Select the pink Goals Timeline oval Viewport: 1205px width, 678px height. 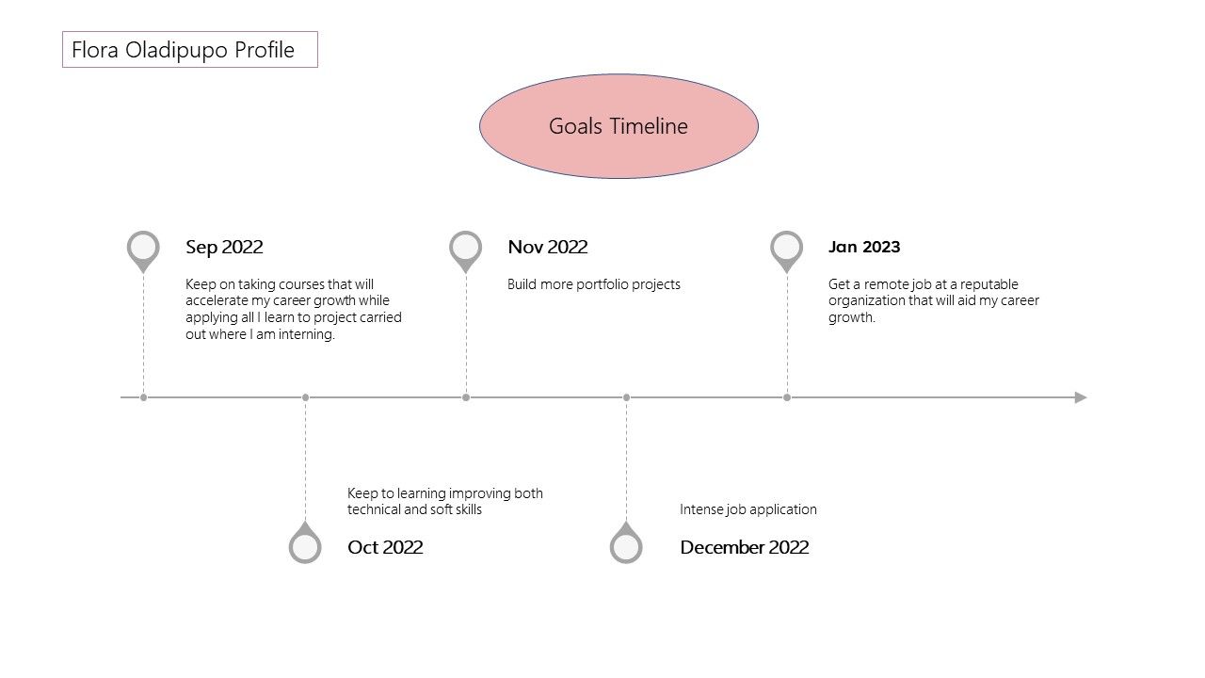[x=619, y=126]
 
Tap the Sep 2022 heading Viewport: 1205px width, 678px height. [x=224, y=247]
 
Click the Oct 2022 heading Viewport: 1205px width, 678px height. [x=385, y=547]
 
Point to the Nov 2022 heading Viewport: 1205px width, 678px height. [x=548, y=247]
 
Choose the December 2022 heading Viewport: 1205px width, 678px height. [x=745, y=547]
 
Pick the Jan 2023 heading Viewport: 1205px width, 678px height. [x=864, y=247]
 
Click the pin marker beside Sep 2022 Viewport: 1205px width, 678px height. [x=143, y=251]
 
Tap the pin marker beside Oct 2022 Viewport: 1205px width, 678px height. [x=305, y=542]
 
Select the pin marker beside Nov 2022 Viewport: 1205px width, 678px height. [x=465, y=251]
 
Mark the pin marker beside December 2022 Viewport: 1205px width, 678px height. [x=626, y=542]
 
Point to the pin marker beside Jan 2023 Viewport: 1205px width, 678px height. [x=786, y=251]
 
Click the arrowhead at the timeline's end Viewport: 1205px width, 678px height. [x=1081, y=397]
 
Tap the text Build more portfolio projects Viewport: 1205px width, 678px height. [x=594, y=284]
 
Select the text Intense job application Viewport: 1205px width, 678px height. [x=748, y=509]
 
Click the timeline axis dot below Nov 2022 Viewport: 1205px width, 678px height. [x=466, y=397]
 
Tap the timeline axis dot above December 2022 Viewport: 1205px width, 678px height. [x=626, y=397]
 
